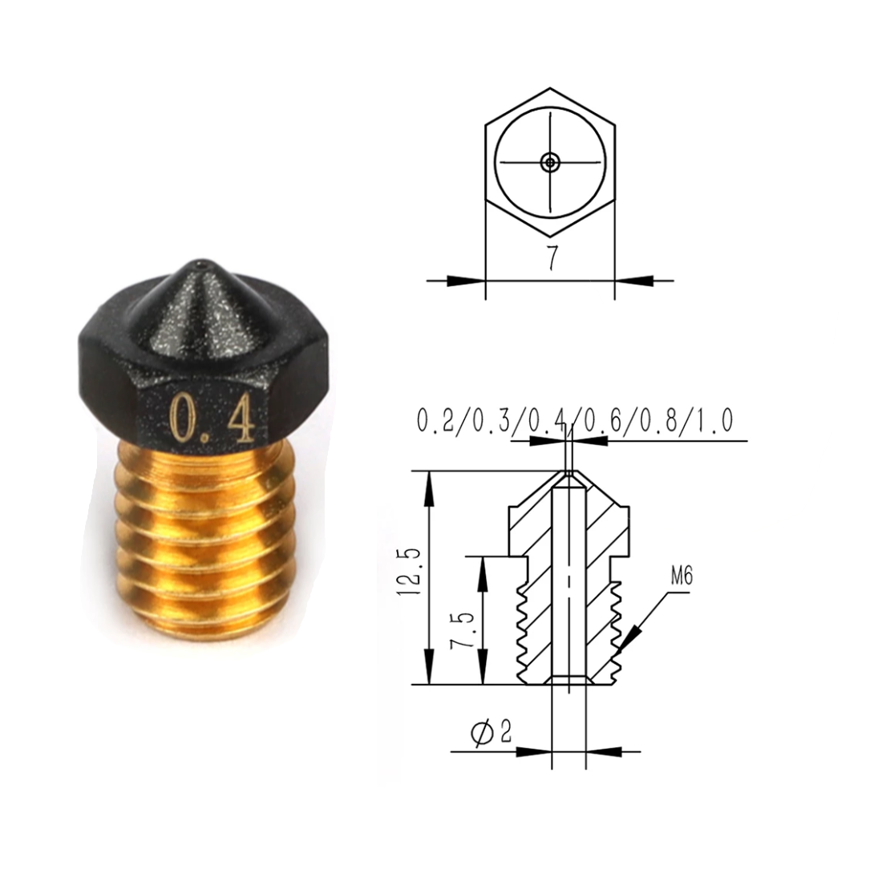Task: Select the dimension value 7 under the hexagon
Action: click(x=552, y=257)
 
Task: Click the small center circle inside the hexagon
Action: click(x=549, y=162)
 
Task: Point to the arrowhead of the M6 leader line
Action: click(x=629, y=637)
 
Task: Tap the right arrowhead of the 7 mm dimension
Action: click(x=635, y=281)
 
